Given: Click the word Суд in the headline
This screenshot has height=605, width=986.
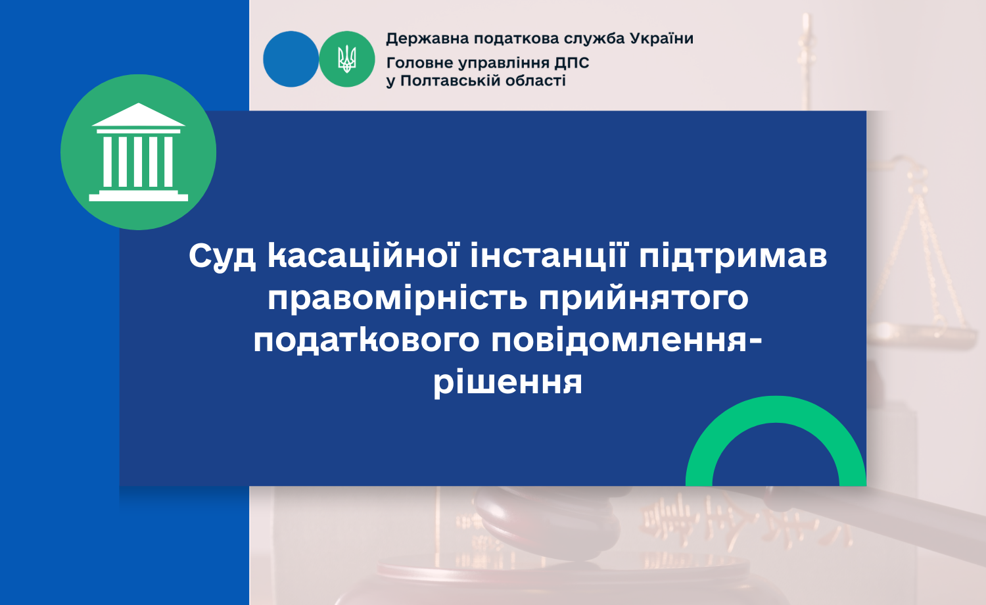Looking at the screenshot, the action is [x=222, y=256].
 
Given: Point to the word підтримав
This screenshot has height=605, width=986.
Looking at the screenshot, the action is [x=733, y=256].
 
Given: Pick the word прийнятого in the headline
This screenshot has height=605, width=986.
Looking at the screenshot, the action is [x=644, y=299].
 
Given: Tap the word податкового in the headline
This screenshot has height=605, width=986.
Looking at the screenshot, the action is [x=366, y=341].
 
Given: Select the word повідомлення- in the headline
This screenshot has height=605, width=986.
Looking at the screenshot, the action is [x=626, y=340].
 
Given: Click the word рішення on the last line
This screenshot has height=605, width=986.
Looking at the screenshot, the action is [x=508, y=383].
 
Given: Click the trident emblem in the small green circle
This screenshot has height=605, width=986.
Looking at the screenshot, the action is [x=347, y=59].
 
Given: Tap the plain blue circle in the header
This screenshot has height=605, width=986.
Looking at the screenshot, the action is [x=291, y=59].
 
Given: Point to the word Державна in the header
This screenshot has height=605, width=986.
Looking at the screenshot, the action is [x=427, y=39].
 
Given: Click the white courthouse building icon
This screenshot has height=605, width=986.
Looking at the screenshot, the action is [x=139, y=152].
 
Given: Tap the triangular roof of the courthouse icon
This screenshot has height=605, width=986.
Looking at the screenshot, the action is [x=139, y=115].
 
